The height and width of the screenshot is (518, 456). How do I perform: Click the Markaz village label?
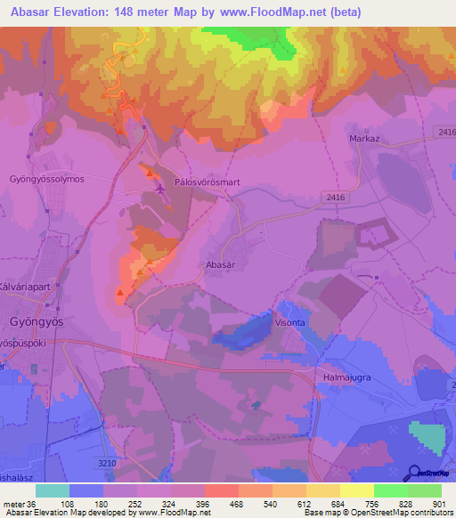pos(365,139)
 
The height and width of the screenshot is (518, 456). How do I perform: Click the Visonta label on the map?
pos(291,323)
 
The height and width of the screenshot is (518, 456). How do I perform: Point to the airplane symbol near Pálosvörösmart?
pos(159,188)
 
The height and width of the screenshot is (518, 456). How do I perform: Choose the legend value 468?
pos(238,503)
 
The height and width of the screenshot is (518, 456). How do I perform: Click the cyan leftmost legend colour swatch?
pos(52,490)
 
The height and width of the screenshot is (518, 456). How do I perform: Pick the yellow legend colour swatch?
pos(356,490)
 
